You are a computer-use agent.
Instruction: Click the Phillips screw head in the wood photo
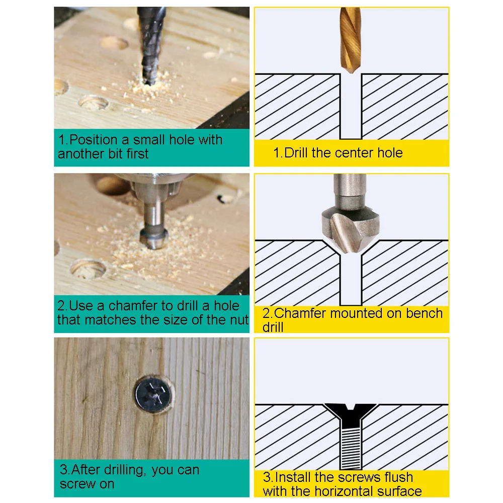[153, 393]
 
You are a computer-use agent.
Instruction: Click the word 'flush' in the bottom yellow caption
[395, 477]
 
